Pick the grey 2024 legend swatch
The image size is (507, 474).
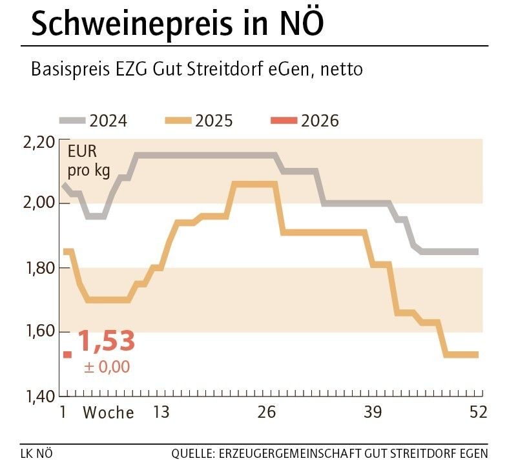pos(73,121)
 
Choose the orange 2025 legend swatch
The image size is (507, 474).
pos(179,121)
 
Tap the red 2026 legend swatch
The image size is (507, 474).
pos(285,121)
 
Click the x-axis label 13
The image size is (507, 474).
pos(161,413)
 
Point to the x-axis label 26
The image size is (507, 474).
pos(267,413)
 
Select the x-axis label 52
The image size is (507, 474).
pos(478,413)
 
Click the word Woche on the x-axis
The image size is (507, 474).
pos(109,413)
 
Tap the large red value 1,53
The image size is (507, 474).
pos(107,342)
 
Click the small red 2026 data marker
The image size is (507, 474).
pos(67,354)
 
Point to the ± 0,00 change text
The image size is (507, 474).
pos(107,367)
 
